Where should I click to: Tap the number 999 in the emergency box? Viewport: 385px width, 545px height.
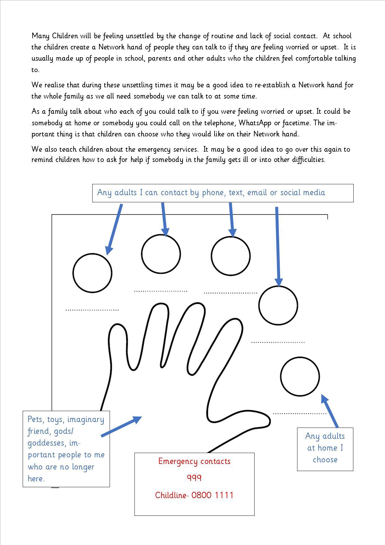point(194,478)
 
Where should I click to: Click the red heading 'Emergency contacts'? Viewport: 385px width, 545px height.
point(194,461)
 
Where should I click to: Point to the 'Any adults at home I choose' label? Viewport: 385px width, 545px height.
point(325,448)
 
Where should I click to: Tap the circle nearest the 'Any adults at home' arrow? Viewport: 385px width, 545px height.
point(300,376)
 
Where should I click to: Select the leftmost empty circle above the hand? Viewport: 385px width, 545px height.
point(93,273)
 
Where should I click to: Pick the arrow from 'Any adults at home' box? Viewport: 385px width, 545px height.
point(330,411)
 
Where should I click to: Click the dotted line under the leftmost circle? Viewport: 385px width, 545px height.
point(92,310)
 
